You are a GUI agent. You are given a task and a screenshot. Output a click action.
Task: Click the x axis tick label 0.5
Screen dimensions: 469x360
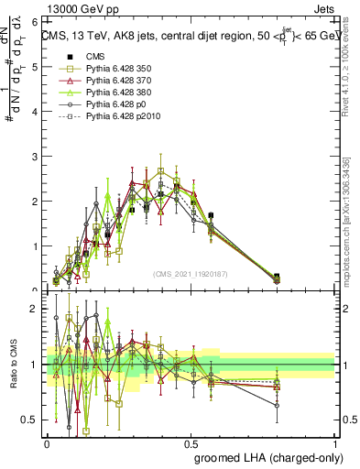191,442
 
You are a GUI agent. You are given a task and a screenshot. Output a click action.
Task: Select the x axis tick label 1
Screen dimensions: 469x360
335,442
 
